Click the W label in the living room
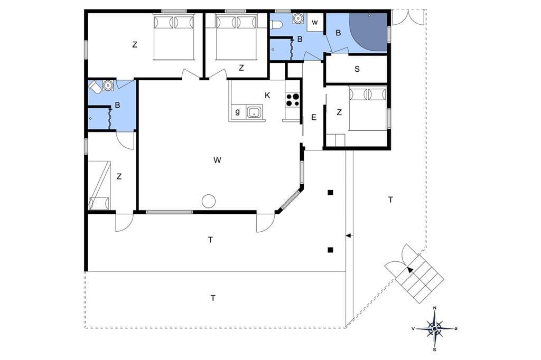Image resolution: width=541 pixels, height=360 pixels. tap(217, 160)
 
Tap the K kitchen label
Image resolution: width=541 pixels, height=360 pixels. tap(267, 96)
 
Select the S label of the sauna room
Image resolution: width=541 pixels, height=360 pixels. tap(357, 69)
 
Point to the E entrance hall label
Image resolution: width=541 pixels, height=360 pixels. tap(314, 118)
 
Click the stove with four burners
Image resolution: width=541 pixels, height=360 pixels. tap(293, 99)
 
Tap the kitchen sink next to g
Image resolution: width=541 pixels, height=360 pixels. tap(255, 112)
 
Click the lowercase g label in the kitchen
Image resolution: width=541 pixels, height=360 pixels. tap(237, 111)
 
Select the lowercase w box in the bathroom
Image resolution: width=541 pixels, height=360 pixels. tap(315, 23)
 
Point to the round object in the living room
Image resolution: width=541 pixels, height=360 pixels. tap(208, 201)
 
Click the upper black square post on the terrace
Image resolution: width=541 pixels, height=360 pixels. tap(331, 193)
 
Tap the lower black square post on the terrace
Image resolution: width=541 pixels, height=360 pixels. tap(331, 250)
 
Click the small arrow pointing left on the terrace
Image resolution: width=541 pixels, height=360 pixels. tap(349, 235)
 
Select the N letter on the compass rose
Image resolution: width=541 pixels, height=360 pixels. tap(435, 308)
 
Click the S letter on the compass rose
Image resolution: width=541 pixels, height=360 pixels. tap(435, 349)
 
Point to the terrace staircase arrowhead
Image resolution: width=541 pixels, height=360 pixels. tap(409, 270)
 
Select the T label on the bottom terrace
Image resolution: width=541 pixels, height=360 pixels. tap(213, 298)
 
